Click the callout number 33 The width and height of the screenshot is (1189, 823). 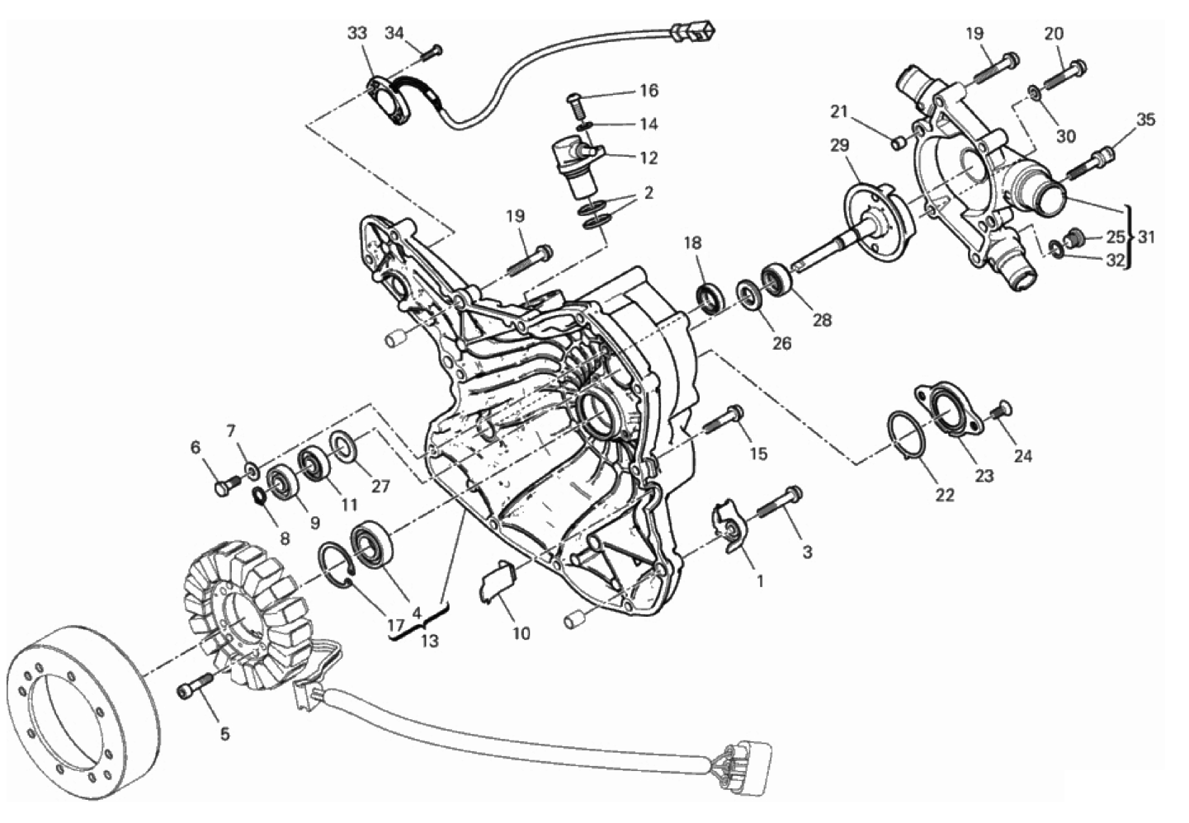357,33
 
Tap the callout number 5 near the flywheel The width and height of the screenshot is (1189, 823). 225,735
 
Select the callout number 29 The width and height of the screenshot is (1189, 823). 840,145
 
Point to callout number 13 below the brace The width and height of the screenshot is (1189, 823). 429,641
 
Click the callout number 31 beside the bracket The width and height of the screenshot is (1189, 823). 1147,237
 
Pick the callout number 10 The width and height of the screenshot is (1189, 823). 521,633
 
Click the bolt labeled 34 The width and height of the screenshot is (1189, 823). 432,52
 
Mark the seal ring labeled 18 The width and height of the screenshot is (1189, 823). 709,299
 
